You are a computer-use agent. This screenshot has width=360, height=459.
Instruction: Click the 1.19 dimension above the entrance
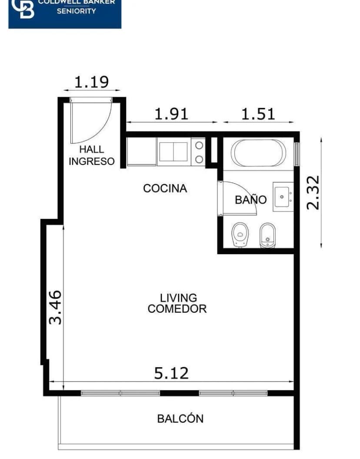[x=91, y=82]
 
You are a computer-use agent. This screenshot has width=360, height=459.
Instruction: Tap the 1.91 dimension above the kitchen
[x=172, y=114]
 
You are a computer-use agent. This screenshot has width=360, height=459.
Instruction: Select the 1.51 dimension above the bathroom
[x=258, y=114]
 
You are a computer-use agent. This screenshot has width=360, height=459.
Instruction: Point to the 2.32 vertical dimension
[x=313, y=192]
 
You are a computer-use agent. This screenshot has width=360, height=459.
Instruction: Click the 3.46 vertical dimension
[x=55, y=307]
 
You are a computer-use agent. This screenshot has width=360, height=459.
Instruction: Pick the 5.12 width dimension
[x=172, y=373]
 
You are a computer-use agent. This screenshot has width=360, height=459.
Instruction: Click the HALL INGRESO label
[x=92, y=155]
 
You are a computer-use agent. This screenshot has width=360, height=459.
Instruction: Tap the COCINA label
[x=165, y=188]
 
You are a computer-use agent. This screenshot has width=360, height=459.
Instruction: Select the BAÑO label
[x=250, y=200]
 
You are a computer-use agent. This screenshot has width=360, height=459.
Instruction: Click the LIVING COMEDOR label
[x=177, y=304]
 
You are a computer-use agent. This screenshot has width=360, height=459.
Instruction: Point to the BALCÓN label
[x=180, y=419]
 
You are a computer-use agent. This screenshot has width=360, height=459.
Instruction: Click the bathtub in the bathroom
[x=258, y=153]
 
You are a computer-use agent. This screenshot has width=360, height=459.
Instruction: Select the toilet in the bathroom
[x=239, y=235]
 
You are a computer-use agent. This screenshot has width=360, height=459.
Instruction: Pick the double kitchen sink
[x=173, y=151]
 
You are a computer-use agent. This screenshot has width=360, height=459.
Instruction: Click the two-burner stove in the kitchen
[x=199, y=152]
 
